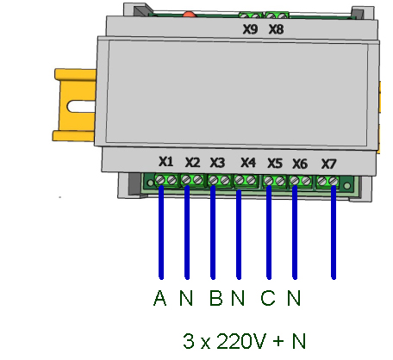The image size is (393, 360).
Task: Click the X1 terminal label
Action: (166, 162)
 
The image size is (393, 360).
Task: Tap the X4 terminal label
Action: (248, 163)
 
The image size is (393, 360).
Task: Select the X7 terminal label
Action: (328, 164)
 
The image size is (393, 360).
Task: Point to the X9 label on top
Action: (250, 29)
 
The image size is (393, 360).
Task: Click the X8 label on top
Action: (276, 29)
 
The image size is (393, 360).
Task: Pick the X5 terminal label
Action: (275, 163)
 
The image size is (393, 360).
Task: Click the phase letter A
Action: (160, 298)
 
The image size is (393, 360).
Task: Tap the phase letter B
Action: (216, 298)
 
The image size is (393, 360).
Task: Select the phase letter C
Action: (268, 298)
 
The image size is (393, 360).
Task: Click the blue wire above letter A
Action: (161, 233)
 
